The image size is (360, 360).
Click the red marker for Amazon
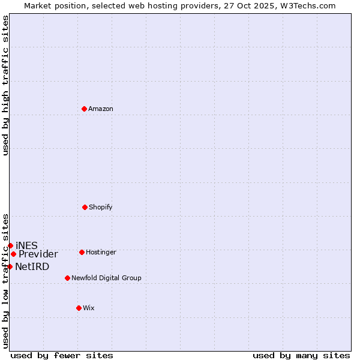pyautogui.click(x=84, y=109)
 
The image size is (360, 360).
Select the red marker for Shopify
pyautogui.click(x=85, y=207)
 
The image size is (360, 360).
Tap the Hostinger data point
pyautogui.click(x=82, y=252)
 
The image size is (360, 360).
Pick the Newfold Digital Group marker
pyautogui.click(x=67, y=278)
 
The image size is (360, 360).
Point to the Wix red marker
pyautogui.click(x=79, y=308)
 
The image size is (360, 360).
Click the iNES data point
pyautogui.click(x=10, y=245)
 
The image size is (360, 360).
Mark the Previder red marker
pyautogui.click(x=13, y=254)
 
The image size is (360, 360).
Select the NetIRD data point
pyautogui.click(x=10, y=266)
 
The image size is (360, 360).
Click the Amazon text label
pyautogui.click(x=101, y=109)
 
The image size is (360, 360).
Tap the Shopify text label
pyautogui.click(x=101, y=208)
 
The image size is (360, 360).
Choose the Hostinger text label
pyautogui.click(x=101, y=253)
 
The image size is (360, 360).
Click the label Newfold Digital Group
pyautogui.click(x=106, y=278)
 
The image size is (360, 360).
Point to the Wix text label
pyautogui.click(x=89, y=308)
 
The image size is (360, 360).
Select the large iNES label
pyautogui.click(x=26, y=245)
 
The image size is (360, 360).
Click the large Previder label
pyautogui.click(x=38, y=254)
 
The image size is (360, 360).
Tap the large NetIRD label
pyautogui.click(x=32, y=267)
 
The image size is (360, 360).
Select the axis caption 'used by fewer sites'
pyautogui.click(x=62, y=355)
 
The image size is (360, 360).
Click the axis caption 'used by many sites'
pyautogui.click(x=301, y=355)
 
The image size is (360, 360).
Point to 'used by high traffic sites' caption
pyautogui.click(x=5, y=85)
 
